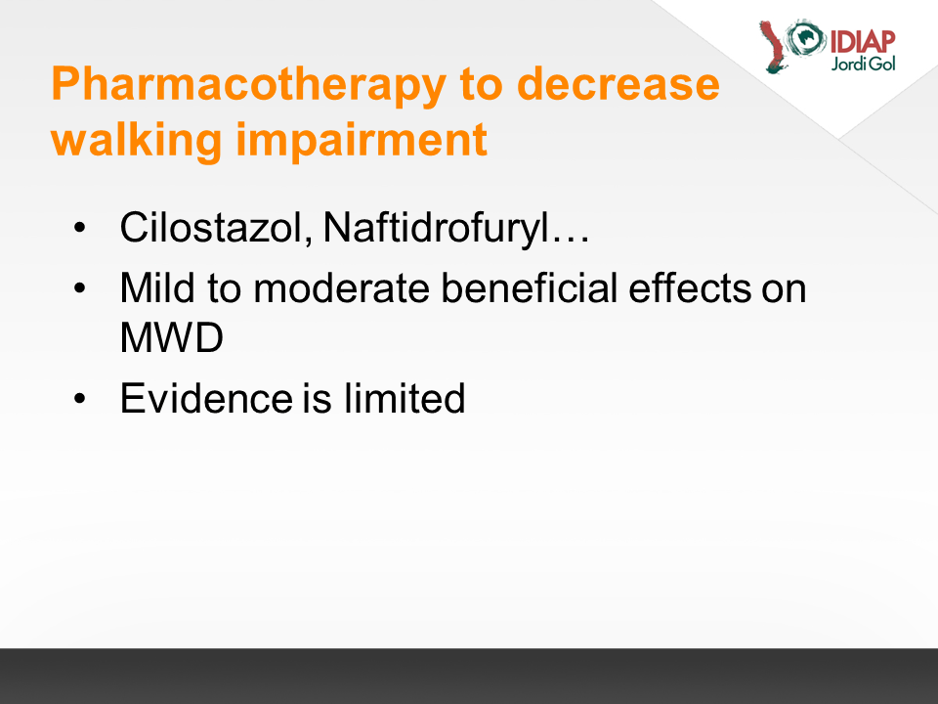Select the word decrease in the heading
pos(618,83)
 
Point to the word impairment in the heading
pos(362,141)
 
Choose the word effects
pos(689,287)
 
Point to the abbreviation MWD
pos(172,337)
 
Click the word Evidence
pos(206,398)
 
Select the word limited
pos(405,398)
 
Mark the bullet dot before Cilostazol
pos(79,228)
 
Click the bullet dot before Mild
pos(79,288)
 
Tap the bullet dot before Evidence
pos(79,399)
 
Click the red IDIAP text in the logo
pos(863,42)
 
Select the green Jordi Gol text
pos(863,64)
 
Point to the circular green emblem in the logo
pos(806,38)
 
